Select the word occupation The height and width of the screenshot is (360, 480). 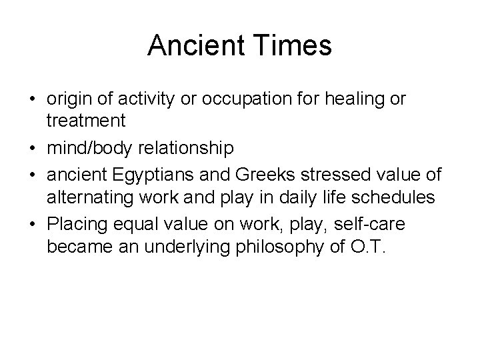tap(229, 99)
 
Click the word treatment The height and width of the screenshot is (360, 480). tap(86, 121)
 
